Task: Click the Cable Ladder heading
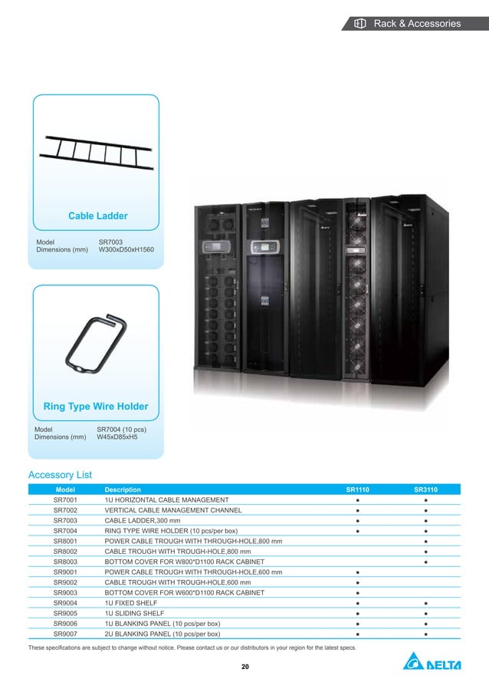[98, 216]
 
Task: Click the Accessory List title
[60, 475]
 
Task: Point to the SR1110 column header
[358, 489]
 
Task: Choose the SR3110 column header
[425, 489]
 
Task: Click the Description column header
[123, 489]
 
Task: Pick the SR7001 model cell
[65, 499]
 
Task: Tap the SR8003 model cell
[65, 562]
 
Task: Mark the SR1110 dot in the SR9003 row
[358, 593]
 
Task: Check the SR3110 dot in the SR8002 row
[425, 552]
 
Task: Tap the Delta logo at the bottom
[432, 663]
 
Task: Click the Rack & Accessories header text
[417, 24]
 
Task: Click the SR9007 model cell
[65, 634]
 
